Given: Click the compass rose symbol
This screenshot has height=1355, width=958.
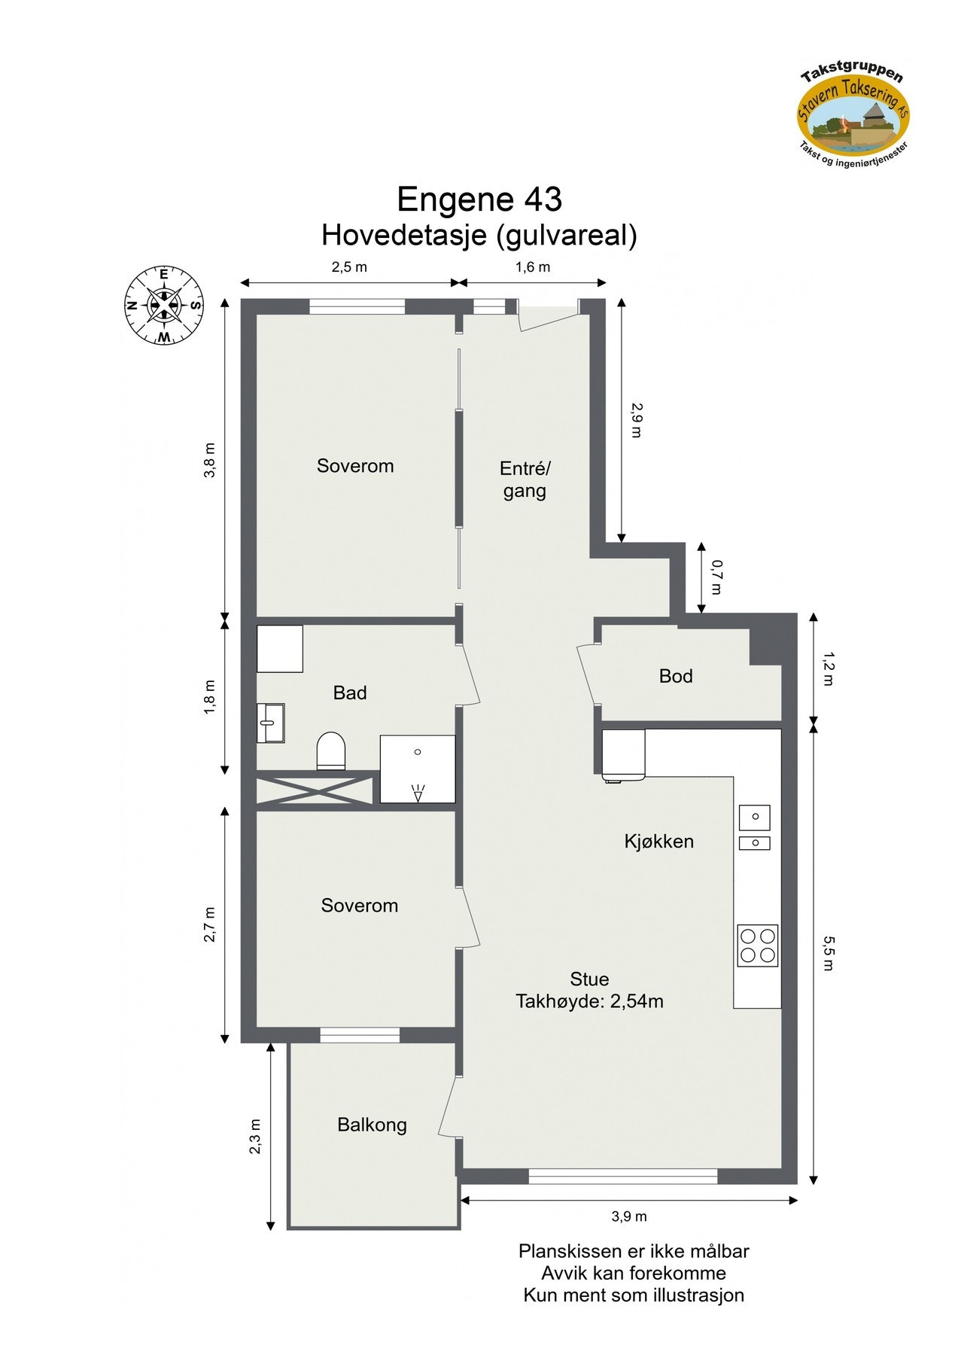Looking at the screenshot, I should tap(164, 305).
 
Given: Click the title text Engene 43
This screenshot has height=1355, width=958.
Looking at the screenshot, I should tap(479, 200).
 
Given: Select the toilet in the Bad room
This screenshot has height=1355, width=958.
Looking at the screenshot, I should tap(330, 751).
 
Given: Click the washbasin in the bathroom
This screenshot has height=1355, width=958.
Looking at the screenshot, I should tap(270, 723).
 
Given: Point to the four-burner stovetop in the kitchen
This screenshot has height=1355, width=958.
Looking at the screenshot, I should tap(757, 945).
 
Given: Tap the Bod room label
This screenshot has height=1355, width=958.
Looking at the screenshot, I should tap(675, 676).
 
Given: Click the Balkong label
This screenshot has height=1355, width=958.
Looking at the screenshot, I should tap(372, 1125).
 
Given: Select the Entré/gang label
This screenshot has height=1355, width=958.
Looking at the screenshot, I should tap(525, 480).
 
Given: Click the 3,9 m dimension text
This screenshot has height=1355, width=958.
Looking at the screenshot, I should tap(628, 1216).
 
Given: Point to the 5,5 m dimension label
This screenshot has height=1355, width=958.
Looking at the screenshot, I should tap(827, 953).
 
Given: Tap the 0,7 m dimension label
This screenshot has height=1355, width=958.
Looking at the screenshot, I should tap(716, 577).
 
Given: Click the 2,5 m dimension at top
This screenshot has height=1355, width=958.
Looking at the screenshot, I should tap(349, 267).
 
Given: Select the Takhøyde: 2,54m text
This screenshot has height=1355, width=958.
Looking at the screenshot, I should tap(588, 1001).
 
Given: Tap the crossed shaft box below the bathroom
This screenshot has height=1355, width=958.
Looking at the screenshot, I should tap(315, 791).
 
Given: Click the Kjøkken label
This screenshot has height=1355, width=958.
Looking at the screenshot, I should tap(658, 841).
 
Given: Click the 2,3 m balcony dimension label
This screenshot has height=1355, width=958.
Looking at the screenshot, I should tap(256, 1136).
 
